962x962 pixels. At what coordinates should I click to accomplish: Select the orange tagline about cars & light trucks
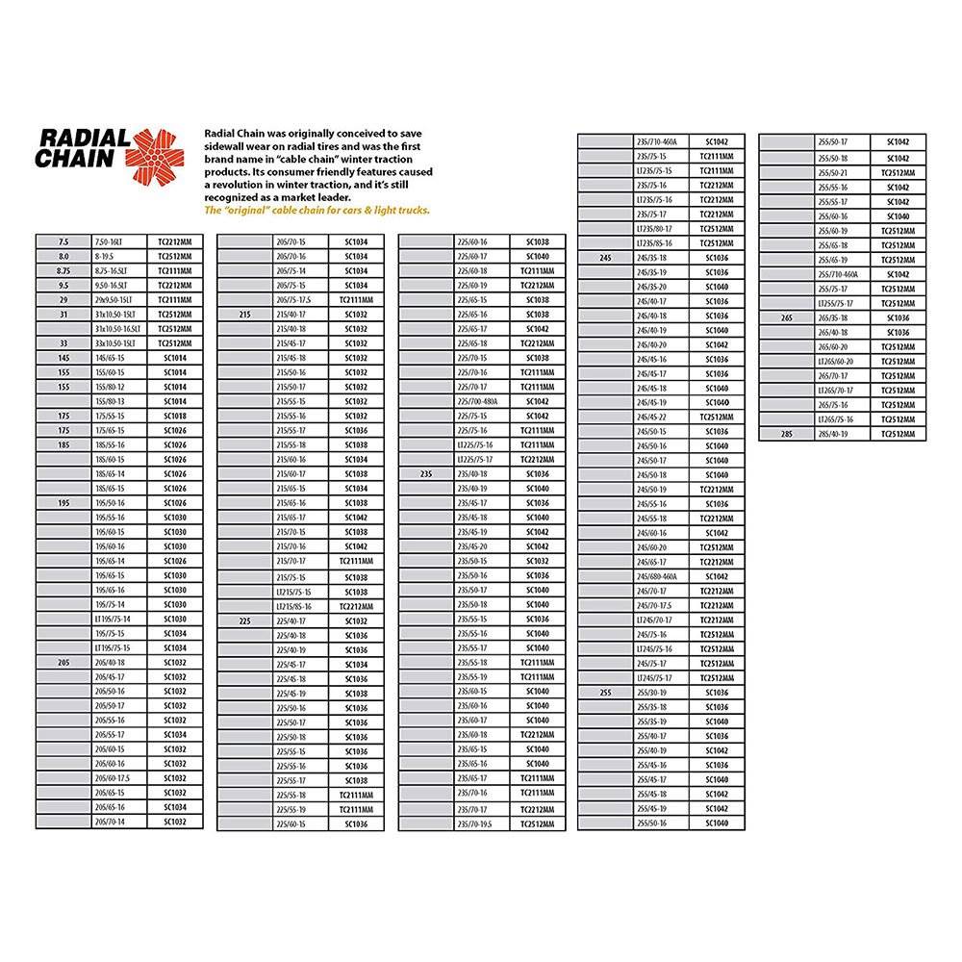(317, 210)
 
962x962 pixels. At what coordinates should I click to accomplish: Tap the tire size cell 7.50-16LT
(107, 242)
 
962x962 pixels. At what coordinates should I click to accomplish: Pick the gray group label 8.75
(63, 271)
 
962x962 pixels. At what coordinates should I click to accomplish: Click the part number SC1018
(175, 416)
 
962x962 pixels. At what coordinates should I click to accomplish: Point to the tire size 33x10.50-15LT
(114, 343)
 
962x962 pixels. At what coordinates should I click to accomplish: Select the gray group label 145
(63, 358)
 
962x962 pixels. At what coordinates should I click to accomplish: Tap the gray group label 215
(244, 315)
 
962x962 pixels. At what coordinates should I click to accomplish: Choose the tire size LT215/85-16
(292, 607)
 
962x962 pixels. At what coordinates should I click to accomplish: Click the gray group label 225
(244, 621)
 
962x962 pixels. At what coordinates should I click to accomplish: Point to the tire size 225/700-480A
(477, 401)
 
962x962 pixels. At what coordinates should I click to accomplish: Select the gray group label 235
(426, 474)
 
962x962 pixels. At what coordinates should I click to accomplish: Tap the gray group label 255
(605, 693)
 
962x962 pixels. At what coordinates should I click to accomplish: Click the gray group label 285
(786, 434)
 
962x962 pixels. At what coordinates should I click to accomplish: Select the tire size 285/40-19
(832, 434)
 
